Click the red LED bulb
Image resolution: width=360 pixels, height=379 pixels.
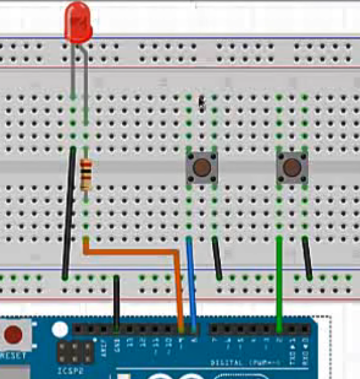click(x=78, y=22)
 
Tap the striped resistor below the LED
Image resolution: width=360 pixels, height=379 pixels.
click(x=86, y=175)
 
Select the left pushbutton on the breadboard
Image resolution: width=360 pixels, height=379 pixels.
click(x=202, y=167)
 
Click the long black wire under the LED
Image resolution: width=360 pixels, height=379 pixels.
click(x=68, y=211)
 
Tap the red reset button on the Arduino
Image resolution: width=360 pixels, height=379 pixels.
click(x=13, y=335)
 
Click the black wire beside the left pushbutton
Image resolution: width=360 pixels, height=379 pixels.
click(x=216, y=257)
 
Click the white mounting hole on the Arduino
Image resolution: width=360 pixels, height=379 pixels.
click(x=60, y=328)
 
